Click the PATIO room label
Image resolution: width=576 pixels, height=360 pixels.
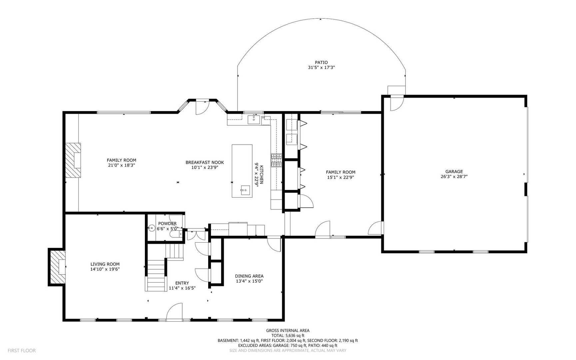[321, 62]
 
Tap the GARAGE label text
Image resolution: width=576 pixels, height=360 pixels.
[454, 172]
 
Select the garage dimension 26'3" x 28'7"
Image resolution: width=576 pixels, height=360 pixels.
[454, 177]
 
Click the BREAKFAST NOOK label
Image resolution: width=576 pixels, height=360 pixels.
[205, 162]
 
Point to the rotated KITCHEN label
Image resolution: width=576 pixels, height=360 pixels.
[262, 175]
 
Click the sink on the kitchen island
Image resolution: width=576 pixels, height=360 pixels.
[244, 190]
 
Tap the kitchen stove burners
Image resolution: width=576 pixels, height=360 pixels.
[276, 160]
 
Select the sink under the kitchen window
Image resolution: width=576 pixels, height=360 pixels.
[255, 119]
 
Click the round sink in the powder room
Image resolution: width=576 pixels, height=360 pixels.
[152, 228]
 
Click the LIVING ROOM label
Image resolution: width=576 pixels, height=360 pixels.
[105, 264]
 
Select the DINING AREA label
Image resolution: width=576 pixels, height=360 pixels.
[249, 276]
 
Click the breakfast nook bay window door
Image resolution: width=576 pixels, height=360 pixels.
[202, 107]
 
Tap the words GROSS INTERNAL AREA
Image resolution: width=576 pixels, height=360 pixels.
[288, 331]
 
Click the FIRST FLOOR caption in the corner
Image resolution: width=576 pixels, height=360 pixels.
[22, 350]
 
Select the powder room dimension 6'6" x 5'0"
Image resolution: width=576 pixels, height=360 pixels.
[168, 229]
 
